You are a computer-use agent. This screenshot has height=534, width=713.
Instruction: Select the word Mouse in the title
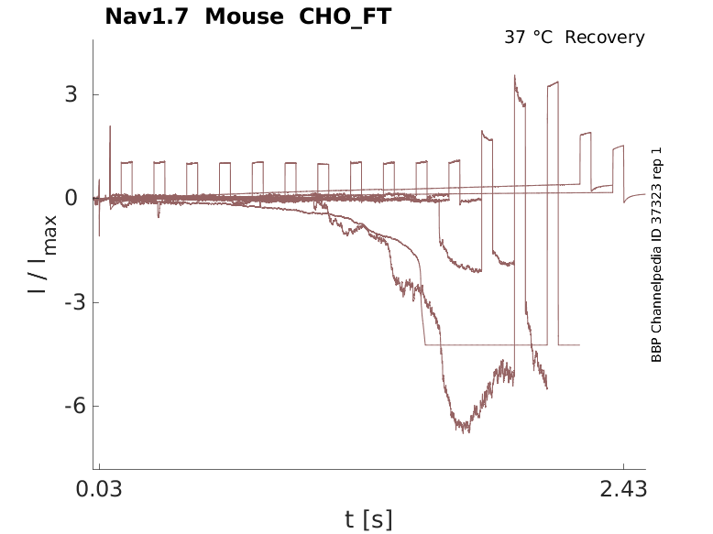click(x=243, y=16)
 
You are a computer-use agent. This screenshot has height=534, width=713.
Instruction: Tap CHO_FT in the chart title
click(x=345, y=16)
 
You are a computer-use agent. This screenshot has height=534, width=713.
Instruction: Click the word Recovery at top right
click(x=605, y=38)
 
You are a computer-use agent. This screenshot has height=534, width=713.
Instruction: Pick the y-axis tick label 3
click(x=70, y=95)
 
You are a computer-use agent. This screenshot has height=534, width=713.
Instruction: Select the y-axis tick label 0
click(x=70, y=199)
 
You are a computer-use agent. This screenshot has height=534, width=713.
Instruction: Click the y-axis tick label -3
click(x=64, y=303)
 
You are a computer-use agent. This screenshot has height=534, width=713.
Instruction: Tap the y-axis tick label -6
click(x=64, y=407)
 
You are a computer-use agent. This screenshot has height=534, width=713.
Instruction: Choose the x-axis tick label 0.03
click(x=99, y=490)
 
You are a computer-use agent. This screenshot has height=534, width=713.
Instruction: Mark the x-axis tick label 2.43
click(x=623, y=490)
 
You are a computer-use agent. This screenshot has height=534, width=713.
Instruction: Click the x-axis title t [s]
click(x=368, y=520)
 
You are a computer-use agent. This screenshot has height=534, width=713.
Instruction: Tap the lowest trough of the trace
click(x=465, y=430)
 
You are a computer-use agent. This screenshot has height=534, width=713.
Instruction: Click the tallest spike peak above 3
click(x=515, y=76)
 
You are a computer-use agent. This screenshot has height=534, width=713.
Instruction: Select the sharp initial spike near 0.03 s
click(x=110, y=127)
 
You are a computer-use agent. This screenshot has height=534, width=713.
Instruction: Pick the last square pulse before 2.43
click(x=619, y=147)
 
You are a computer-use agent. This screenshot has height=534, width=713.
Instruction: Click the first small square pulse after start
click(x=126, y=163)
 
